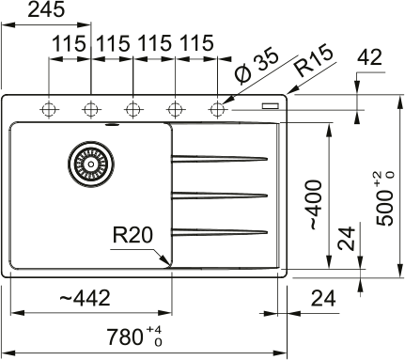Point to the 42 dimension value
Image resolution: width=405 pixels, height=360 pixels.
(371, 56)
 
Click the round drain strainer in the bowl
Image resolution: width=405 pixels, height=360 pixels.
(88, 163)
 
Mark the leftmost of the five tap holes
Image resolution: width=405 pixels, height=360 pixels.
(47, 108)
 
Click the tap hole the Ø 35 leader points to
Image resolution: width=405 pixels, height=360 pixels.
(218, 108)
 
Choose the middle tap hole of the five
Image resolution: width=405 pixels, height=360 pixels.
(132, 108)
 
